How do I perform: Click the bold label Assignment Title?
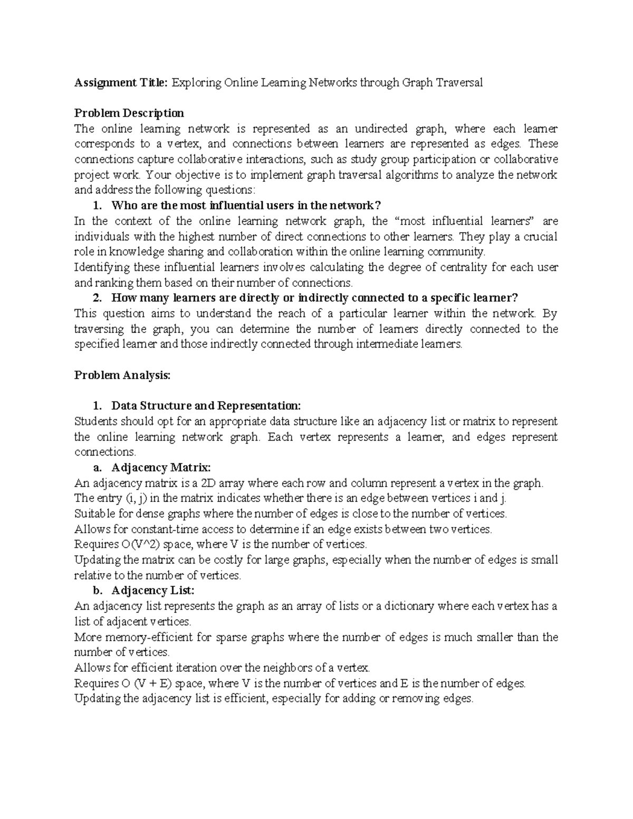tap(121, 82)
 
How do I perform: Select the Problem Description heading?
tap(129, 113)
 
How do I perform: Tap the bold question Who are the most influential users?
tap(246, 205)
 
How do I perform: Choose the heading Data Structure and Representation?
tap(206, 406)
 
